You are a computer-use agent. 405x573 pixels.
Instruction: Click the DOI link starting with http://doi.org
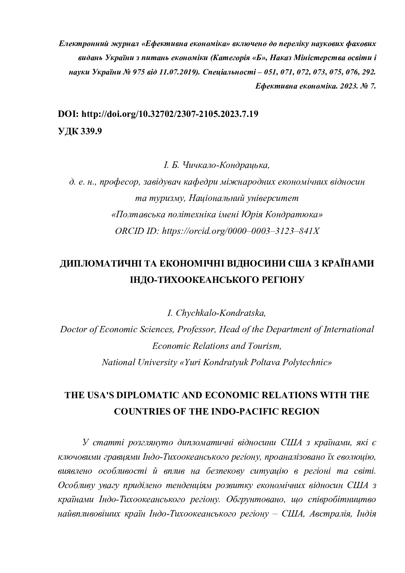pyautogui.click(x=170, y=114)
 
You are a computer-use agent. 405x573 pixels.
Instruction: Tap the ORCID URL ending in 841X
pyautogui.click(x=240, y=231)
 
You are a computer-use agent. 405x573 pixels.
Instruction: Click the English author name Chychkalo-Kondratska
pyautogui.click(x=221, y=313)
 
